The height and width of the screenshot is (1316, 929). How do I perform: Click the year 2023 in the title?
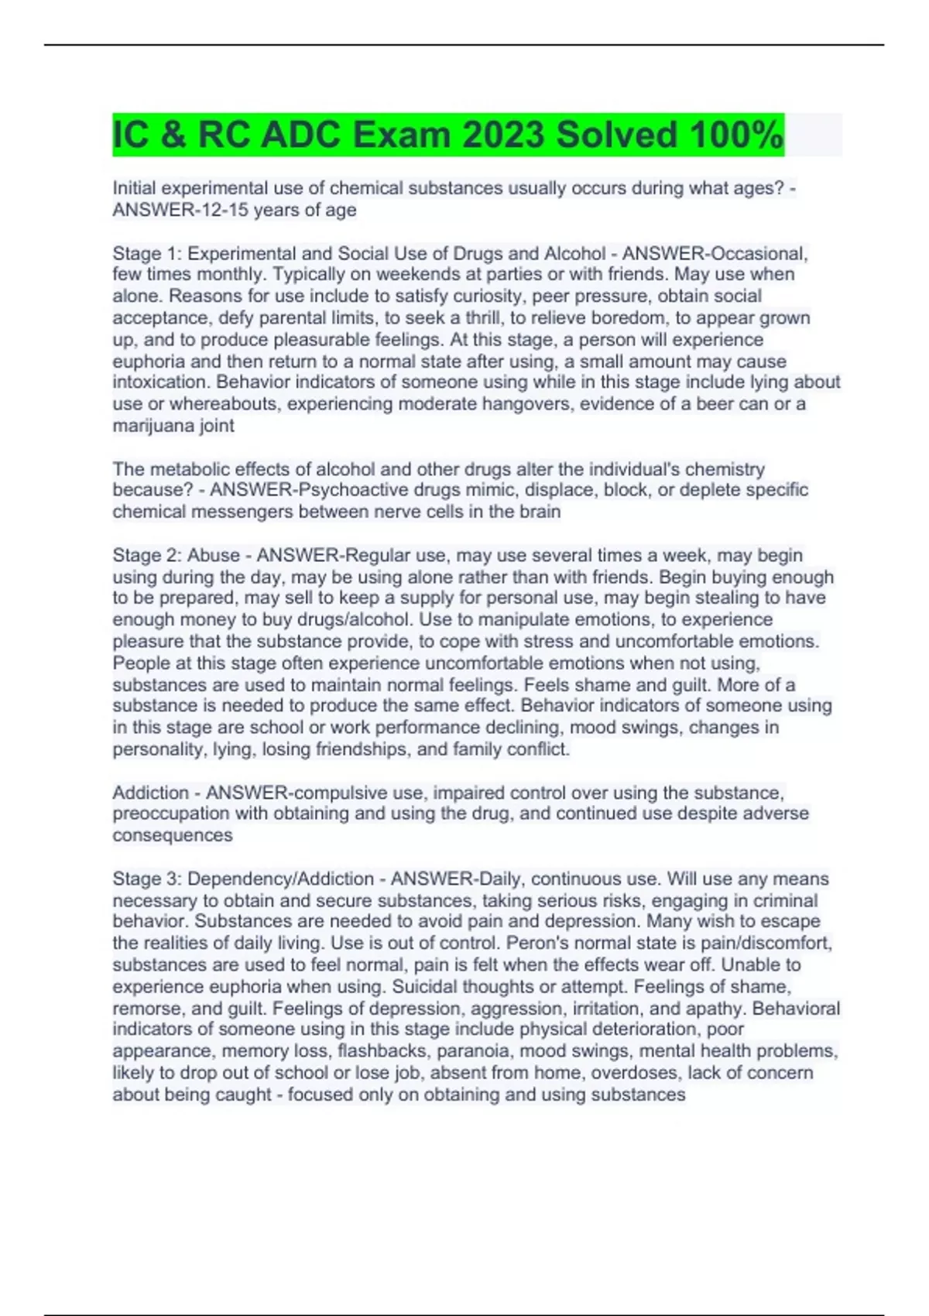pos(502,135)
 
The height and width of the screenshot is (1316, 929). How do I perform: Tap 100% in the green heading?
pos(735,135)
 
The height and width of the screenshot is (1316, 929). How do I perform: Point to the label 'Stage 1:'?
pos(147,253)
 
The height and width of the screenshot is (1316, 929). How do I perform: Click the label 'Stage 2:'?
pos(147,555)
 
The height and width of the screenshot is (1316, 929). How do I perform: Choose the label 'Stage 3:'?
pos(147,879)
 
